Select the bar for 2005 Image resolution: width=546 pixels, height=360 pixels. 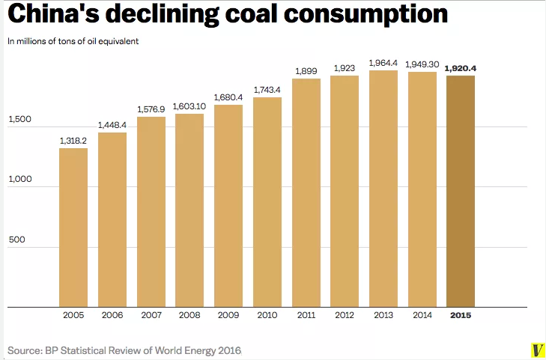click(73, 228)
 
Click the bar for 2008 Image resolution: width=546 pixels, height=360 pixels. click(189, 210)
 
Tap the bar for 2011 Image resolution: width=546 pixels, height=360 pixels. click(306, 192)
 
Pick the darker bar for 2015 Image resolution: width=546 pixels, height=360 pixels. click(461, 191)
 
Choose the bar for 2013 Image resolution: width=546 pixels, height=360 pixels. click(383, 189)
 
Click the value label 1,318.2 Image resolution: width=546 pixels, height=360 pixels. click(73, 140)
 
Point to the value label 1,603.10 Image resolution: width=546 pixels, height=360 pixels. click(189, 106)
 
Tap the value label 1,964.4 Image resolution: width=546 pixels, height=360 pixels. click(383, 63)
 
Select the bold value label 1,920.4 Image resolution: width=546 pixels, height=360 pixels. click(461, 68)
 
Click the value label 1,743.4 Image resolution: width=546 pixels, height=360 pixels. click(267, 90)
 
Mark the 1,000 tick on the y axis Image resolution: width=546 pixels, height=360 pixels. click(20, 180)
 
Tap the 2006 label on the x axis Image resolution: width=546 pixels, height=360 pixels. click(112, 315)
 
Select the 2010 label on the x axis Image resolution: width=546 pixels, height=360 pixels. click(267, 315)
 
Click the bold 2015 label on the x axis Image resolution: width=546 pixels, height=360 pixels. click(461, 315)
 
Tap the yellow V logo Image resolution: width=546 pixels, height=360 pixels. click(536, 350)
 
